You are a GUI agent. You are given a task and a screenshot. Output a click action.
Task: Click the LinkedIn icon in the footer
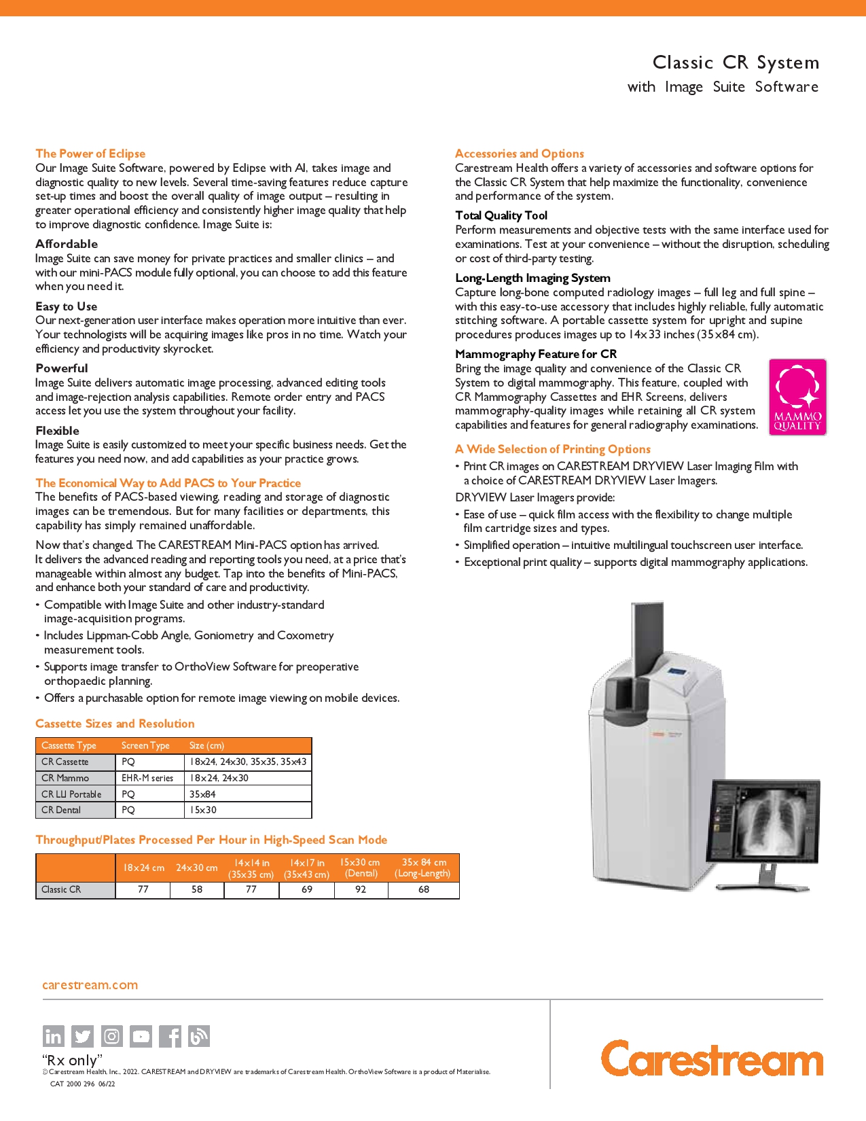(x=53, y=1036)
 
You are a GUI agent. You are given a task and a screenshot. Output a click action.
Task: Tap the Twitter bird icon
(x=82, y=1036)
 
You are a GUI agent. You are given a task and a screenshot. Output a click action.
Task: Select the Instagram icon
(x=112, y=1036)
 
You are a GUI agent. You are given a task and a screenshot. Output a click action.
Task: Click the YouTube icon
(x=141, y=1036)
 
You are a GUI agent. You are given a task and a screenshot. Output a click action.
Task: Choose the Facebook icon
(x=170, y=1036)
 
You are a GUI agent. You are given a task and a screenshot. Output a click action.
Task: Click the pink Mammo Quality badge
(x=797, y=397)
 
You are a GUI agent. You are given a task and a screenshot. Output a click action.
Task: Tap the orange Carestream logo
(x=712, y=1058)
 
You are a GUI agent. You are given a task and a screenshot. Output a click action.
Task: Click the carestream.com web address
(x=90, y=984)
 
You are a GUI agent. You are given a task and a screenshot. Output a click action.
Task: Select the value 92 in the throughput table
(x=361, y=889)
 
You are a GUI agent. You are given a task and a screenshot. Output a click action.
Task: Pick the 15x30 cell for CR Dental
(x=203, y=810)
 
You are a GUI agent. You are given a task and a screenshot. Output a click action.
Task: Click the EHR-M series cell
(x=147, y=778)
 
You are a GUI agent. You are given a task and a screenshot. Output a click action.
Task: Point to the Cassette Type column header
(x=69, y=745)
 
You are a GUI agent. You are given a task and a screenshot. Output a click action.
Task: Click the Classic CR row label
(x=61, y=889)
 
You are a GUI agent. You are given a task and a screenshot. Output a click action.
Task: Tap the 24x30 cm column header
(x=197, y=868)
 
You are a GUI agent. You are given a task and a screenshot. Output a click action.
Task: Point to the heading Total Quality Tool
(x=501, y=215)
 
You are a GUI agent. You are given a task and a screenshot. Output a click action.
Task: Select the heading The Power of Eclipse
(x=90, y=154)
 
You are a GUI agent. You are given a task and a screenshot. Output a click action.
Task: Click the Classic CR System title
(x=736, y=63)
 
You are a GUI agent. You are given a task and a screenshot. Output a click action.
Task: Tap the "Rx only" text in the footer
(x=72, y=1060)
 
